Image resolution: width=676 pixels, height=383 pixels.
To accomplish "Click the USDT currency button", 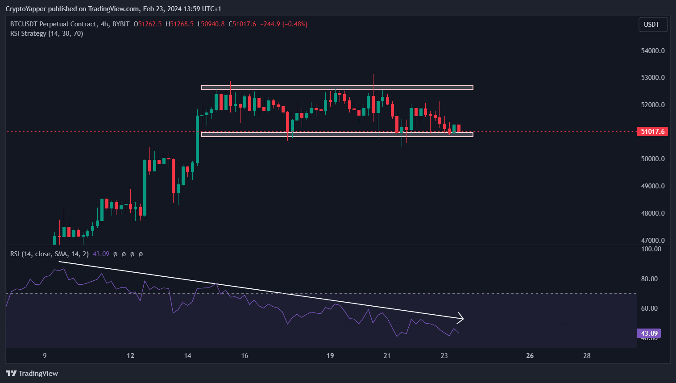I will (x=652, y=25).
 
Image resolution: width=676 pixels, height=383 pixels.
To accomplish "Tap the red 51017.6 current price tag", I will (x=652, y=132).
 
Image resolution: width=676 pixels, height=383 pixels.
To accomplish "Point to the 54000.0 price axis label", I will (x=652, y=51).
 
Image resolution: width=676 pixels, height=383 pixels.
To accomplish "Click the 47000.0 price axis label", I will (x=652, y=241).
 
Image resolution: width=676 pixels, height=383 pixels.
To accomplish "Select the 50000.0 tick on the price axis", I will (x=652, y=159).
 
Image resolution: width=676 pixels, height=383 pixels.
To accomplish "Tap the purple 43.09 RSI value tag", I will (x=649, y=333).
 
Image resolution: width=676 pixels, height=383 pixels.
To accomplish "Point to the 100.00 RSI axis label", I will (x=651, y=249).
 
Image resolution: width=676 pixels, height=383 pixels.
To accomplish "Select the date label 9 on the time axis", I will (x=45, y=356).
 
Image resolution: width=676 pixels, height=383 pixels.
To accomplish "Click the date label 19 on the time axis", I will (x=330, y=356).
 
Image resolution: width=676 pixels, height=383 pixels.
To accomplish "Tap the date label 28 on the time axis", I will (x=587, y=356).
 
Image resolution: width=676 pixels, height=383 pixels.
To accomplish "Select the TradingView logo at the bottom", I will (x=32, y=374).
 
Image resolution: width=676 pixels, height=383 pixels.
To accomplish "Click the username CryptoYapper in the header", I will (x=26, y=9).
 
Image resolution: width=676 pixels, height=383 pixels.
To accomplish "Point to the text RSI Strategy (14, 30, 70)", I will (x=47, y=33).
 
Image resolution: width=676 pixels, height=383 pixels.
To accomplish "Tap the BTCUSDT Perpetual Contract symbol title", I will (x=54, y=24).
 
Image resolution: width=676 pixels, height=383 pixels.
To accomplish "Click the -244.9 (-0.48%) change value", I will (x=284, y=24).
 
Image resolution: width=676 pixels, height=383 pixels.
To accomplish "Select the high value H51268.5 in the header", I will (x=179, y=24).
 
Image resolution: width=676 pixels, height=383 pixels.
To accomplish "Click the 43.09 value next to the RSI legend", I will (x=101, y=254).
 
